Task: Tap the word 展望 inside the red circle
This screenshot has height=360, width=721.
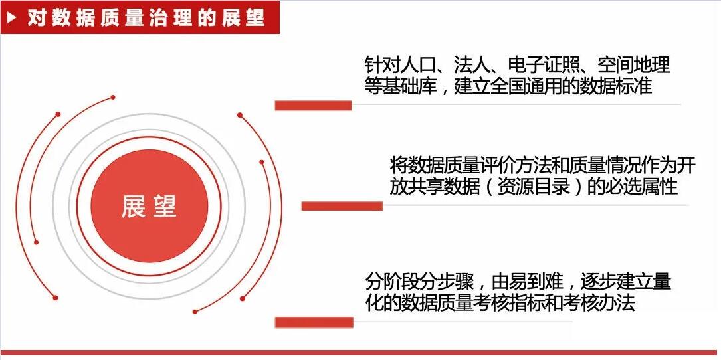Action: (149, 206)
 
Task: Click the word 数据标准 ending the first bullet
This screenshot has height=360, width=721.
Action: (616, 86)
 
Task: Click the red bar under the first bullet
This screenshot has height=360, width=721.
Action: (313, 106)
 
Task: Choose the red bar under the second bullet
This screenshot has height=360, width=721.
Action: (342, 206)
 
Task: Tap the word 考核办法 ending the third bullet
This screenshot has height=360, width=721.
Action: (599, 302)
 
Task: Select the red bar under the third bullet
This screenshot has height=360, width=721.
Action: (314, 322)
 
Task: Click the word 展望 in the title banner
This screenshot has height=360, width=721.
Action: (243, 18)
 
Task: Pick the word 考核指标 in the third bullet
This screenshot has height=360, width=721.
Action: (510, 302)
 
